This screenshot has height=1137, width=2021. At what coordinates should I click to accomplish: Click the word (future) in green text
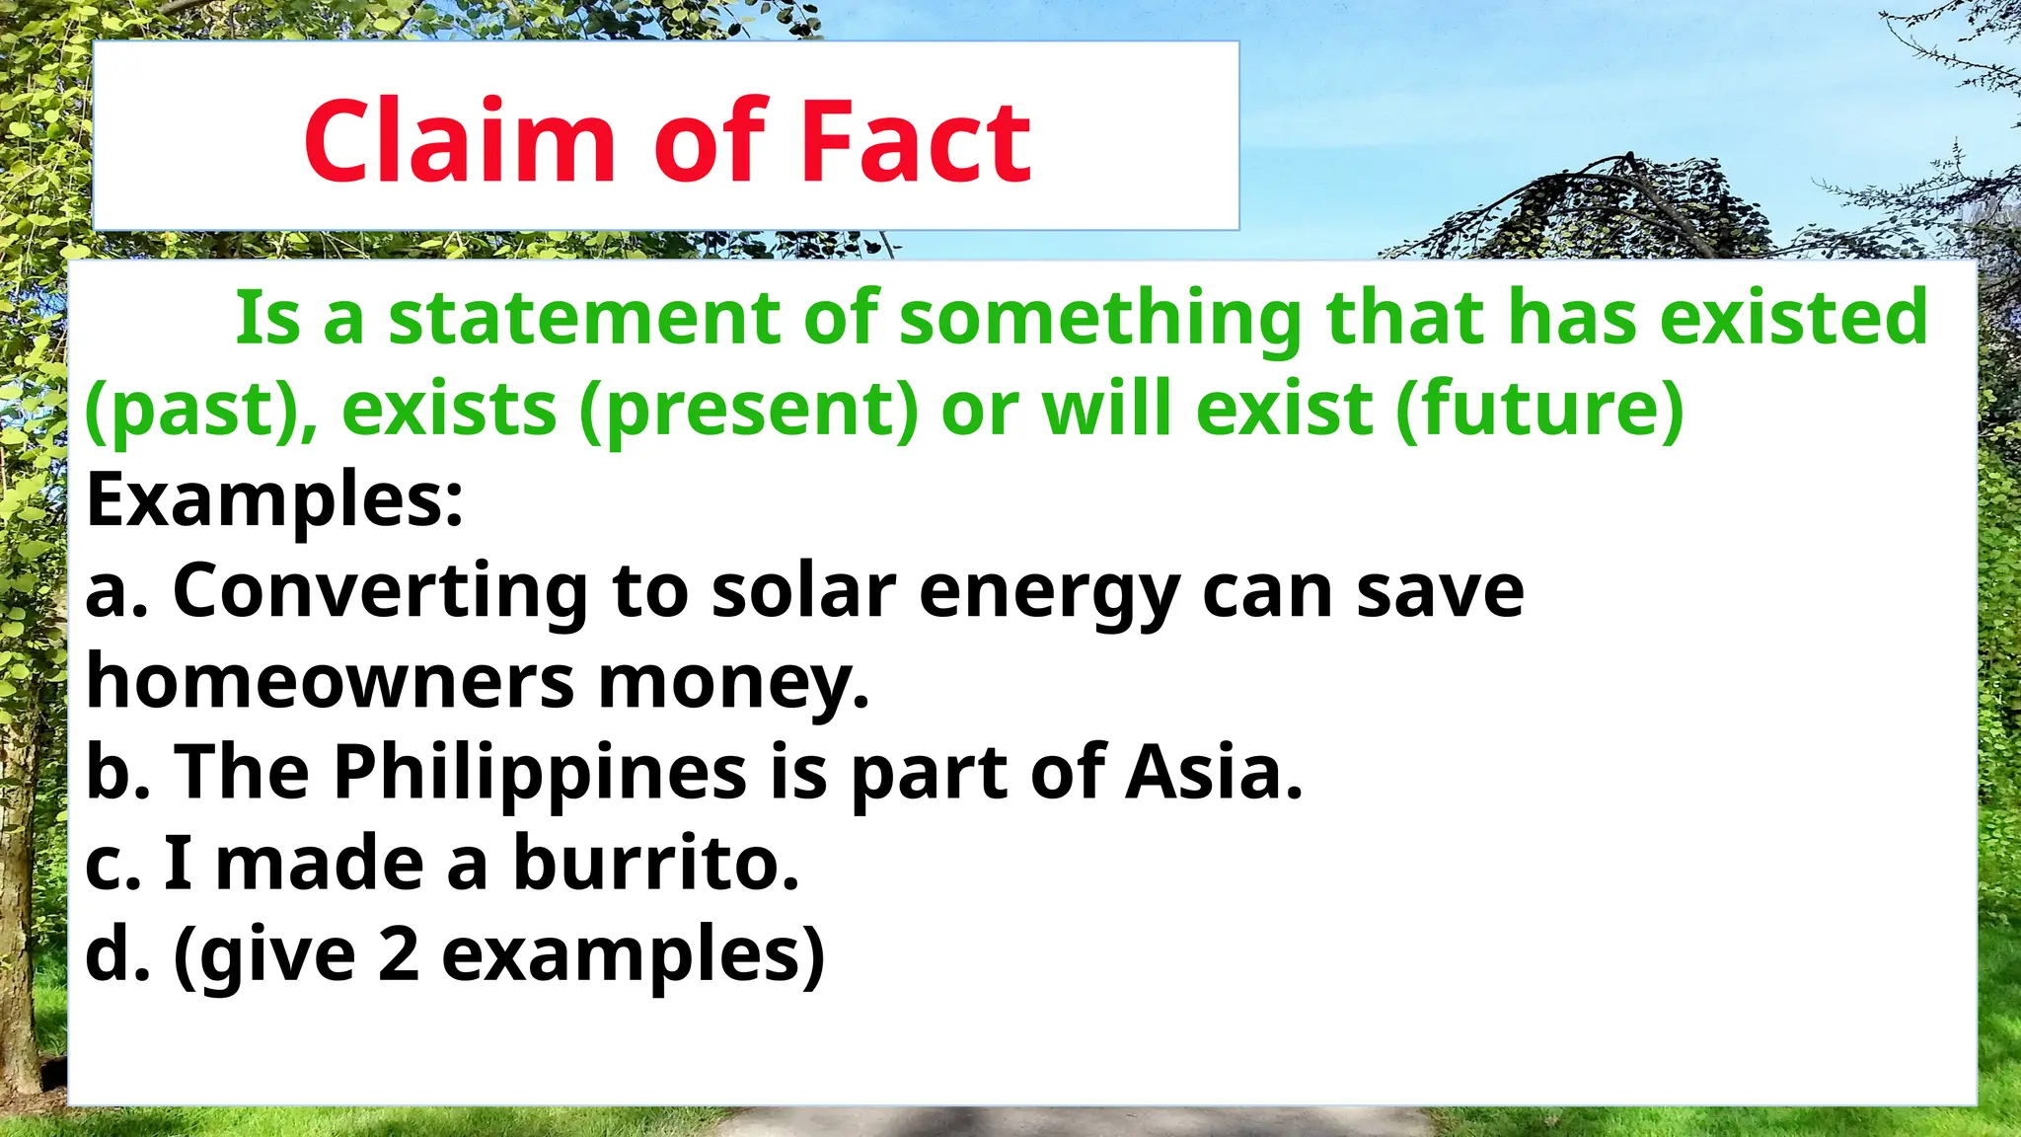pyautogui.click(x=1540, y=408)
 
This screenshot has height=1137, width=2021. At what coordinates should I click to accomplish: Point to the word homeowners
pyautogui.click(x=330, y=681)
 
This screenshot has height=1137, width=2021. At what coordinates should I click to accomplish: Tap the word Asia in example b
pyautogui.click(x=1214, y=772)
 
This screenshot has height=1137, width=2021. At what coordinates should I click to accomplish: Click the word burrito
pyautogui.click(x=655, y=863)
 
